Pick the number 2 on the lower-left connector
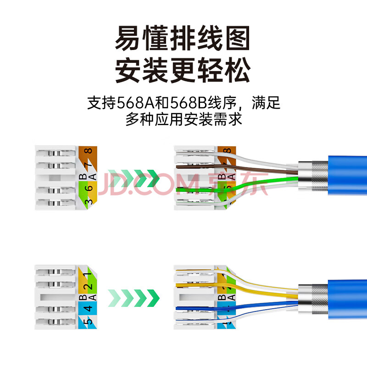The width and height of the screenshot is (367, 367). (89, 286)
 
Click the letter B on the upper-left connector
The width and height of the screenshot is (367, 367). (82, 176)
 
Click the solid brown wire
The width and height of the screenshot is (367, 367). (248, 169)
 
